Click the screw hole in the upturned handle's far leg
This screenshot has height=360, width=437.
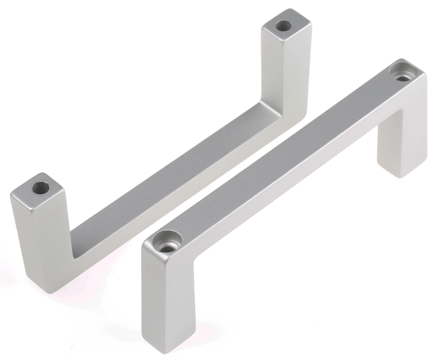point(283,26)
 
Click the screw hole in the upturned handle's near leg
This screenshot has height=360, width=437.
point(40,188)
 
